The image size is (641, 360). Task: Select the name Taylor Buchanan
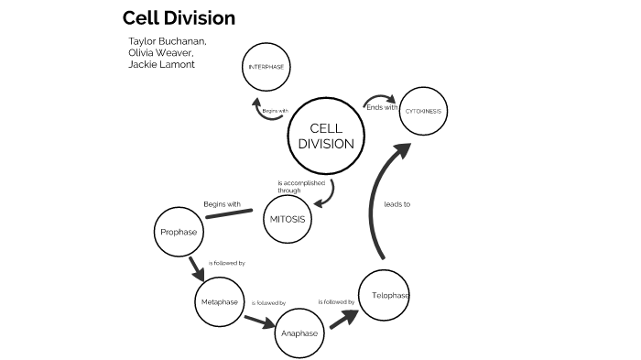point(168,41)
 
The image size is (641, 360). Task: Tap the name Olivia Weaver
point(161,53)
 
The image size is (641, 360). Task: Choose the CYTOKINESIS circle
point(422,111)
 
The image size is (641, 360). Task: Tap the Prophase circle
point(178,232)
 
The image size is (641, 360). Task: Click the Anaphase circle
point(299,333)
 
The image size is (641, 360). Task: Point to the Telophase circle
point(384,295)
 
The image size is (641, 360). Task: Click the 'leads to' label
point(397,204)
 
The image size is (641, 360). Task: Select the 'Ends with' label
point(381,107)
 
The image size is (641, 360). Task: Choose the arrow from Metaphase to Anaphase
point(259,320)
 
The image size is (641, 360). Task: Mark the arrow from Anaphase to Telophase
point(343,320)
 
